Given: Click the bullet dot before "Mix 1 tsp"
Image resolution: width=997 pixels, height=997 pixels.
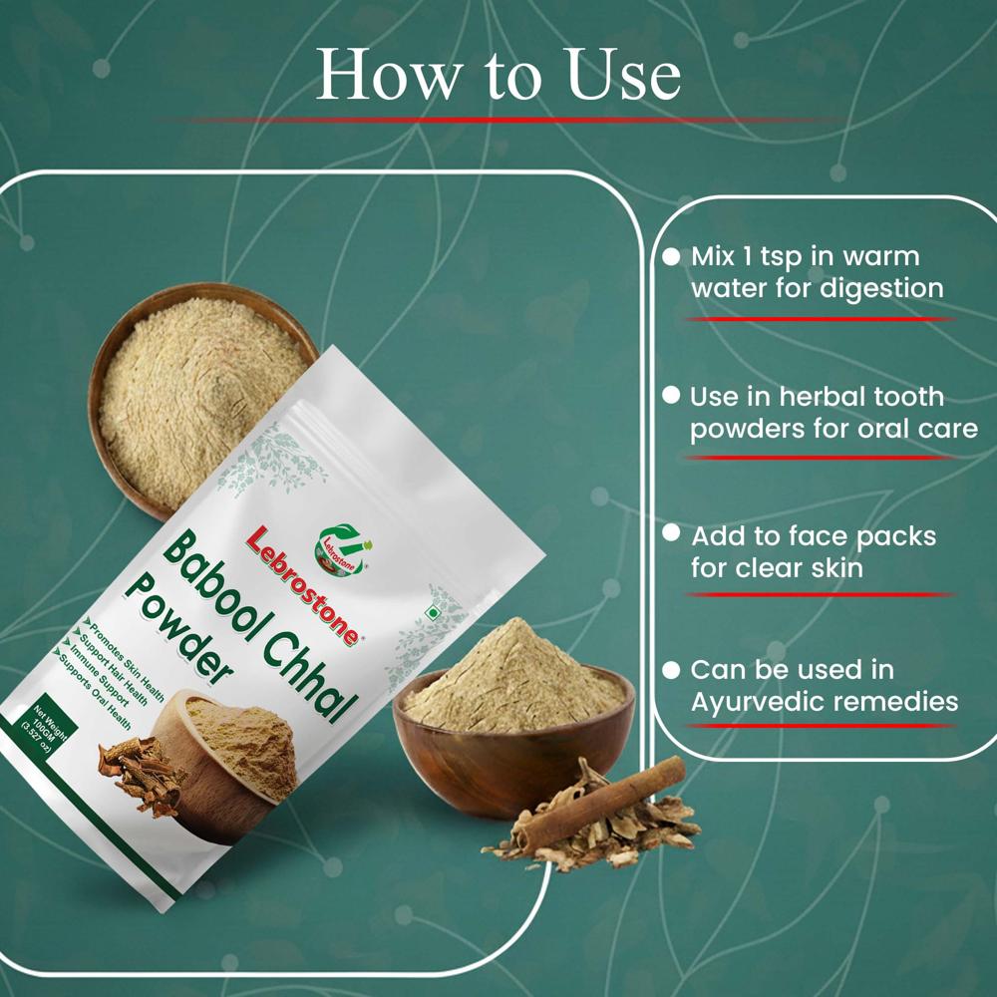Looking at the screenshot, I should pyautogui.click(x=671, y=256).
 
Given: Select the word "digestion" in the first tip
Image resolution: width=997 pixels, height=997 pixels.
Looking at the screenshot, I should pyautogui.click(x=880, y=289).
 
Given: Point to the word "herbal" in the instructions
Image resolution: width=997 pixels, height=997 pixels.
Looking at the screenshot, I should pyautogui.click(x=821, y=396).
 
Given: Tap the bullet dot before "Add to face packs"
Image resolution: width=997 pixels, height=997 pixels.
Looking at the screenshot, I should pyautogui.click(x=671, y=534).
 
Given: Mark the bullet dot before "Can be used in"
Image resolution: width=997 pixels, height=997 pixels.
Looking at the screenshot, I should pyautogui.click(x=671, y=669).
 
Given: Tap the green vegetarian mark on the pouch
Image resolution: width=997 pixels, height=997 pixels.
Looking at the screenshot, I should pyautogui.click(x=430, y=613).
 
